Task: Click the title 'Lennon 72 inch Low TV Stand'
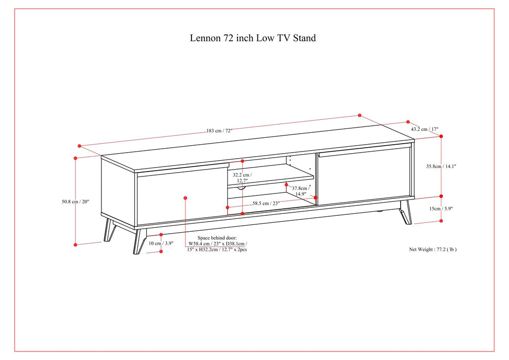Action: pos(253,38)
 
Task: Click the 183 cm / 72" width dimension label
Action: pos(219,131)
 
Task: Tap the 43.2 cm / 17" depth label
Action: pos(424,129)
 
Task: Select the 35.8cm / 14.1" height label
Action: pos(441,167)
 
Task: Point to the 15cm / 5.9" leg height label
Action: pos(441,208)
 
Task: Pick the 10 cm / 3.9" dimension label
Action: pos(161,244)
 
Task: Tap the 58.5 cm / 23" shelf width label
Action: pos(266,203)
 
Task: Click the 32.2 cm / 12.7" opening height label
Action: pos(242,178)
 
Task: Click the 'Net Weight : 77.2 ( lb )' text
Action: pos(432,249)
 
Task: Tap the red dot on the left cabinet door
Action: pos(185,198)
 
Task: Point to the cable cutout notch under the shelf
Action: pos(242,188)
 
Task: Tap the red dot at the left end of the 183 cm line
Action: pos(80,146)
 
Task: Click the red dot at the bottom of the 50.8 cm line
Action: pos(76,245)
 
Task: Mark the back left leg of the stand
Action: pos(109,230)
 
